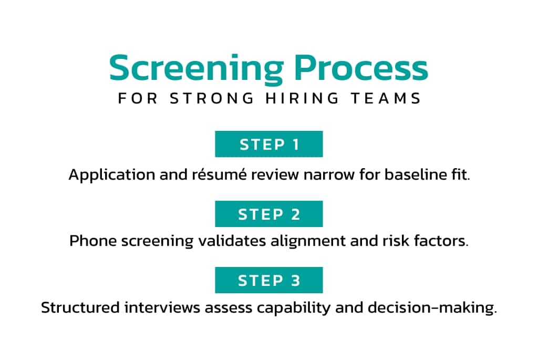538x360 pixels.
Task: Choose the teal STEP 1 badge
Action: point(269,144)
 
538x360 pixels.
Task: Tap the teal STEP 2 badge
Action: point(269,214)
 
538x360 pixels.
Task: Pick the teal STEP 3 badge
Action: point(269,280)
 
